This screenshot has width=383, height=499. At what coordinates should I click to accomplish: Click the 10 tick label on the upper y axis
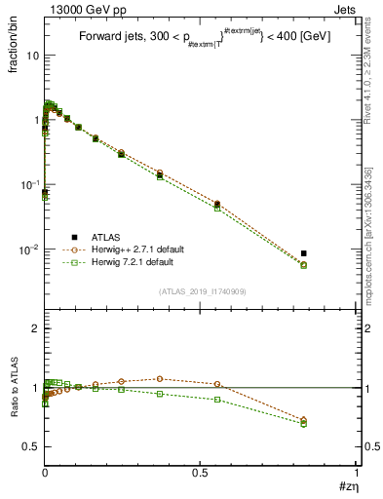click(x=33, y=56)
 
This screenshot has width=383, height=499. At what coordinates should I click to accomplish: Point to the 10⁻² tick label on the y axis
click(x=30, y=249)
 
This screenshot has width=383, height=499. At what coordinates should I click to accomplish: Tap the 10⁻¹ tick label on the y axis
click(x=30, y=185)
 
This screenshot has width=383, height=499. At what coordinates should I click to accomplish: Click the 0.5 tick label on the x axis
click(x=202, y=474)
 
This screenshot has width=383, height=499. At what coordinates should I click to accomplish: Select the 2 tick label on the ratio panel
click(x=35, y=329)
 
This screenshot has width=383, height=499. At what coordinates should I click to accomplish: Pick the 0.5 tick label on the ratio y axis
click(x=31, y=446)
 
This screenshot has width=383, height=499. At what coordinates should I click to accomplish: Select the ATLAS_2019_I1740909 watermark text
click(x=202, y=291)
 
